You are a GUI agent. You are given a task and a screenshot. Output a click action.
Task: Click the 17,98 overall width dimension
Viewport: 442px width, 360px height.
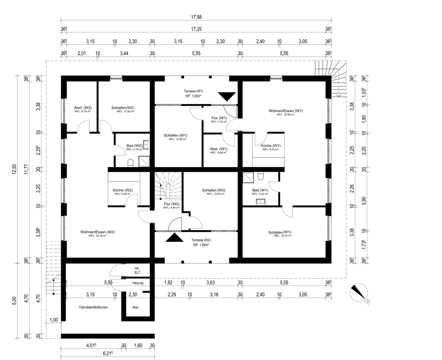tap(196, 17)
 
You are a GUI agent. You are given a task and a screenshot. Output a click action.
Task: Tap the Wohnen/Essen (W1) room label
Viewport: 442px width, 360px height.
tap(286, 111)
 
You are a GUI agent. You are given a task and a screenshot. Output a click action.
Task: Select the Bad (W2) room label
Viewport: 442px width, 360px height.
tap(134, 145)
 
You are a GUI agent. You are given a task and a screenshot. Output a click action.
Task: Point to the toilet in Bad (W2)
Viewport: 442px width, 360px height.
tap(130, 163)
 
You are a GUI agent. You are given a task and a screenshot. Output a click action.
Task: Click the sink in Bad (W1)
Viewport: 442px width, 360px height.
tap(261, 202)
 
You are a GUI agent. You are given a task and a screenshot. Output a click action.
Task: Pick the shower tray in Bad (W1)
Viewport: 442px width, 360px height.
tap(248, 177)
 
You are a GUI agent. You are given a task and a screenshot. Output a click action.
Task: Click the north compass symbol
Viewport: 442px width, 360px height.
tap(359, 293)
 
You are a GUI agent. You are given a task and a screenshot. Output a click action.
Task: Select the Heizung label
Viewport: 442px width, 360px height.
tap(138, 283)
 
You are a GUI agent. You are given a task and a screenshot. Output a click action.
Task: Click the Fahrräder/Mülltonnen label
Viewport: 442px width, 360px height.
tap(94, 307)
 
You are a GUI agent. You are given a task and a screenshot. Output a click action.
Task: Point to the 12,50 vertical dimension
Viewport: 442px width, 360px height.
tap(14, 169)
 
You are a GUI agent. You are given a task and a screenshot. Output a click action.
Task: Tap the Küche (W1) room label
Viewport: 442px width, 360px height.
tap(271, 145)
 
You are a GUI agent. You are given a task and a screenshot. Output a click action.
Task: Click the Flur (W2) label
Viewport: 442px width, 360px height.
tap(172, 204)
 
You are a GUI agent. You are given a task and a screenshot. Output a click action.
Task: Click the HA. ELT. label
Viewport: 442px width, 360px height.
tap(138, 271)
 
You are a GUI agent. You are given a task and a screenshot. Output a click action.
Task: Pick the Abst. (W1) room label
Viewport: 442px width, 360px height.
tap(218, 149)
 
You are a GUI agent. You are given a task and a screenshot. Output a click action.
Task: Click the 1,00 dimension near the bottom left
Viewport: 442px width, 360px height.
tap(54, 320)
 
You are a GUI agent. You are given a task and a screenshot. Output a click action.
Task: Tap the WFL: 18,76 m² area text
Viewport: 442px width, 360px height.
tap(283, 236)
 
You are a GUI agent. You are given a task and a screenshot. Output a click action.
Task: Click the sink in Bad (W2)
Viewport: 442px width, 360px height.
tap(146, 145)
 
